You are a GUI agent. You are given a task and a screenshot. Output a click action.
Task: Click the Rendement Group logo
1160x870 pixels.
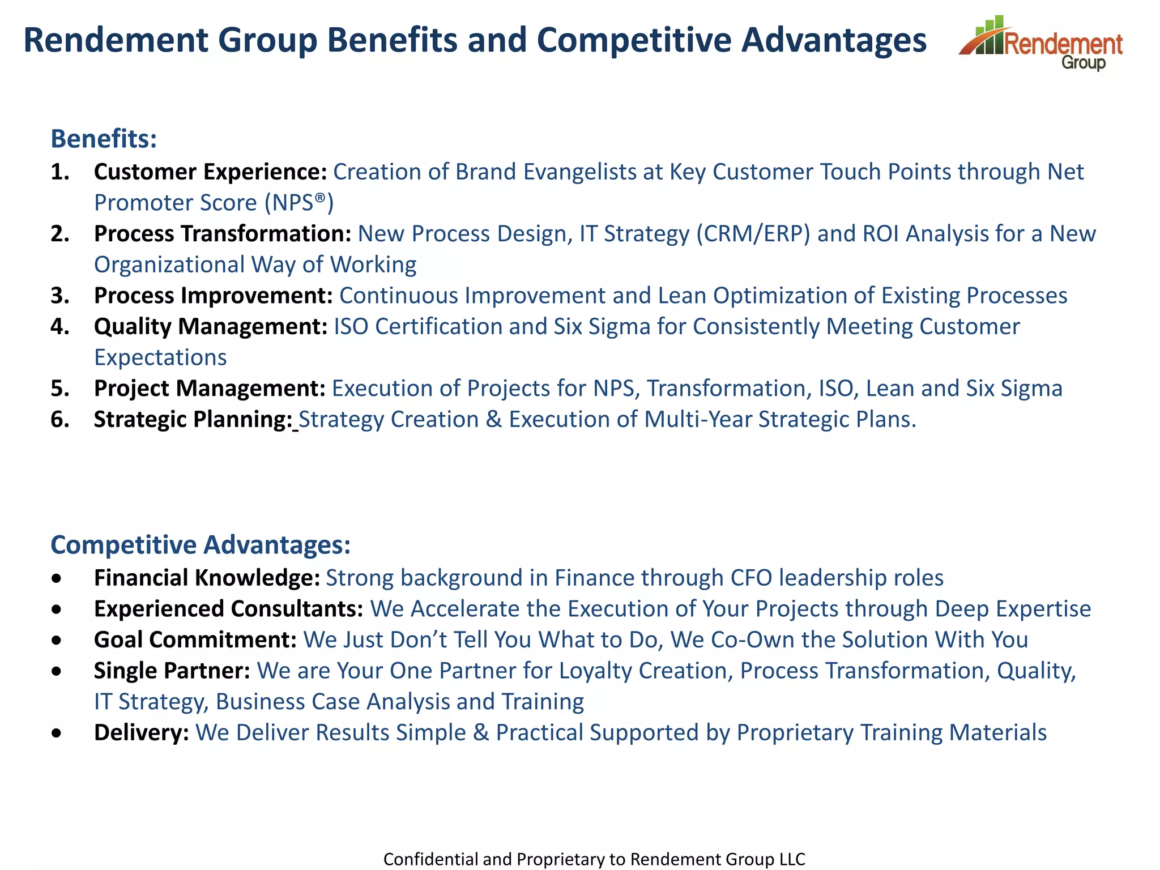(1041, 43)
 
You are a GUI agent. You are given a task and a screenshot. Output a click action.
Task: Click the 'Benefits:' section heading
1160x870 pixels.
(104, 139)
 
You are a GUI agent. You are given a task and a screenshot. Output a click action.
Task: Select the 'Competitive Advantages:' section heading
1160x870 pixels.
(201, 545)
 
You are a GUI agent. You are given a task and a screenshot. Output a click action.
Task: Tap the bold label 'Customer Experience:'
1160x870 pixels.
(210, 172)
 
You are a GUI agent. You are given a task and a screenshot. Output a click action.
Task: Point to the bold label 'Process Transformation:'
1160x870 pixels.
(223, 233)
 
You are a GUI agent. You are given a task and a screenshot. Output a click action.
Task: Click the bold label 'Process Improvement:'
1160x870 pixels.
(213, 296)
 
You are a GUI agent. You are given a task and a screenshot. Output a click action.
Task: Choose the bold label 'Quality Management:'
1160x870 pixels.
(210, 327)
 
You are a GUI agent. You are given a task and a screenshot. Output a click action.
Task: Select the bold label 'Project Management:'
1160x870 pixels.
(210, 389)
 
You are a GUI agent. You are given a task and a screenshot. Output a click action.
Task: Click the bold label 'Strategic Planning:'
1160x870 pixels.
(193, 420)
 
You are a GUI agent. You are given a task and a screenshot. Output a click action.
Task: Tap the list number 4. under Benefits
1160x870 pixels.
(60, 327)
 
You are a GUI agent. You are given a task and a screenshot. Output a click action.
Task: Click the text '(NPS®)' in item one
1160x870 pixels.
(299, 203)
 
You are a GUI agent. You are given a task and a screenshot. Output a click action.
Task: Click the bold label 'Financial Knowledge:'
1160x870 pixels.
(207, 578)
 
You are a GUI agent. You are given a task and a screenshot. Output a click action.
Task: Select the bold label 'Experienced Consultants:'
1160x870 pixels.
(228, 609)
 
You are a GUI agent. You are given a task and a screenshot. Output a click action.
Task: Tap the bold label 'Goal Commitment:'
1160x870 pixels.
(195, 640)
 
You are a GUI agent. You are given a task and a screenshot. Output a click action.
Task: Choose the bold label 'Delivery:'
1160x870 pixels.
(141, 733)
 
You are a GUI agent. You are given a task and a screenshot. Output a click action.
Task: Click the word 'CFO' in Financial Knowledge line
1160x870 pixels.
(751, 578)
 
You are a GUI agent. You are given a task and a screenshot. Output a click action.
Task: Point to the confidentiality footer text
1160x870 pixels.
(594, 859)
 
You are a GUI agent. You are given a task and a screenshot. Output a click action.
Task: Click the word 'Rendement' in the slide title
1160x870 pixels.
(116, 41)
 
